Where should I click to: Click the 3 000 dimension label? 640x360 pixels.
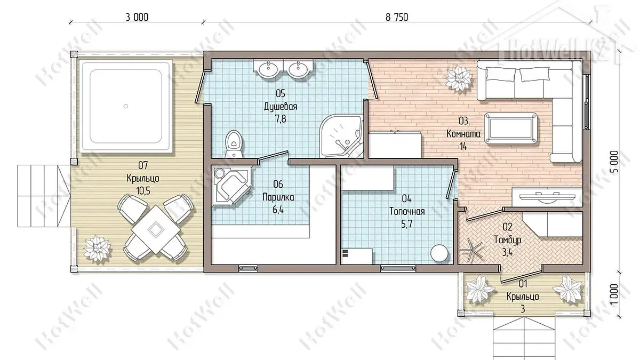coord(137,18)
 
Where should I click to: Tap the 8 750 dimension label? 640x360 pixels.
coord(397,18)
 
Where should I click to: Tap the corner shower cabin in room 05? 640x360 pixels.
coord(341,136)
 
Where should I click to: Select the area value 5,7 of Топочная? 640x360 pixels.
coord(406,224)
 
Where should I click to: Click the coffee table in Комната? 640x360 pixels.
coord(510,127)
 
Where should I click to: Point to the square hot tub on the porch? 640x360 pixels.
coord(126,106)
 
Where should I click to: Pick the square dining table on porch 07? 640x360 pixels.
coord(156,229)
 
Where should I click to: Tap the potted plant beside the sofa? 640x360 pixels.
coord(458,78)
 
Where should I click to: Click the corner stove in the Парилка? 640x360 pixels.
coord(231,187)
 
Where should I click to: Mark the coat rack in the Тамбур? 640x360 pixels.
coord(471,251)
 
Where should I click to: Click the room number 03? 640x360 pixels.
coord(463,121)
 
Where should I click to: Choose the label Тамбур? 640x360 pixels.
coord(507,239)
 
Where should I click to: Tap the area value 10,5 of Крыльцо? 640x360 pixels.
coord(143,190)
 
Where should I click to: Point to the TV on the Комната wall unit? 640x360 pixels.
coord(547,197)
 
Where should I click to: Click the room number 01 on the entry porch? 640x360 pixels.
coord(523,284)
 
